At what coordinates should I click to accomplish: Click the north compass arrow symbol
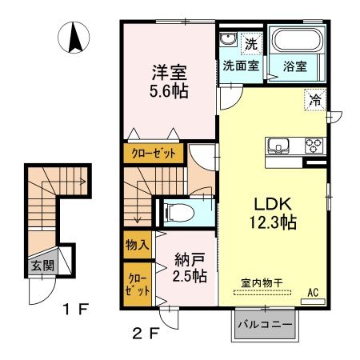coord(77,38)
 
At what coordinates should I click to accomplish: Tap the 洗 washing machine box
coord(250,42)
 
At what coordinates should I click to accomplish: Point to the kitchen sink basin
coord(280,146)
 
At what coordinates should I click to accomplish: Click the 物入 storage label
coord(137,244)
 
